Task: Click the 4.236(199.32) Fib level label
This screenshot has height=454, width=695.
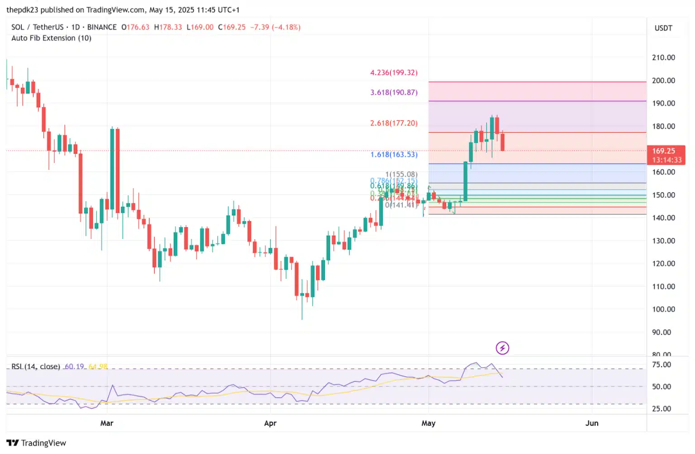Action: [x=394, y=72]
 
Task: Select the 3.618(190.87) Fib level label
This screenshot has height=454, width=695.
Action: [x=394, y=92]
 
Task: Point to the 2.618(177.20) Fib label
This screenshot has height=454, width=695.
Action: [x=394, y=123]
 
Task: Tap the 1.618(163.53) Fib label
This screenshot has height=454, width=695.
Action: [x=394, y=154]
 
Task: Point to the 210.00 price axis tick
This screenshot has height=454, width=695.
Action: [x=663, y=57]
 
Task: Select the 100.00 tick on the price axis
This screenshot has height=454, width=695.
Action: [x=663, y=309]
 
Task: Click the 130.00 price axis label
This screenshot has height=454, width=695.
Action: [x=663, y=241]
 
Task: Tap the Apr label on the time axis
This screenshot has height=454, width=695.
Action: [x=270, y=423]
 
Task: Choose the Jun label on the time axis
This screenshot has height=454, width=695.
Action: [x=592, y=423]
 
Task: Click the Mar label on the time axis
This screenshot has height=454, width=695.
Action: [x=107, y=423]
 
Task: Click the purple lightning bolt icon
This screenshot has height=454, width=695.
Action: [x=502, y=348]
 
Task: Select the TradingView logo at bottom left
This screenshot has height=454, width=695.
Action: [x=36, y=443]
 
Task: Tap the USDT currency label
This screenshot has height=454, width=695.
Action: [x=663, y=28]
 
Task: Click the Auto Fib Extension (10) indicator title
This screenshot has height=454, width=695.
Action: [x=51, y=38]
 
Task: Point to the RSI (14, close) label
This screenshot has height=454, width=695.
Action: [x=36, y=366]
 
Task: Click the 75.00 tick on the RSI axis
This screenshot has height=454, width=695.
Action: [x=662, y=365]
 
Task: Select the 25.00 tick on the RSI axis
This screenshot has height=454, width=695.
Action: [x=662, y=409]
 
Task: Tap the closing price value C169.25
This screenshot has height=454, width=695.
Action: [x=232, y=27]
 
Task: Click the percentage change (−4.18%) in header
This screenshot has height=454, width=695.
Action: [x=288, y=27]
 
